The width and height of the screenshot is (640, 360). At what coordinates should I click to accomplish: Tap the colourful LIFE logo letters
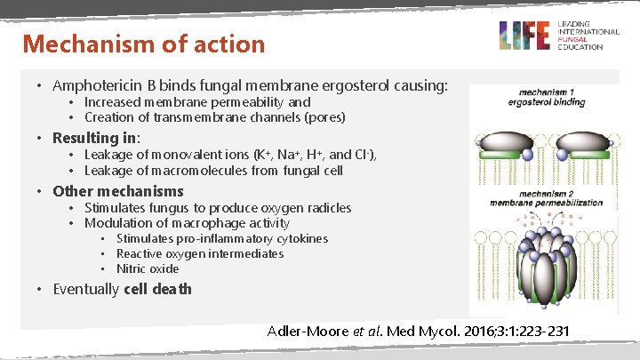tap(525, 36)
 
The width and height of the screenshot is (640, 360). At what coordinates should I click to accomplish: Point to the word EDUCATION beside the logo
tap(580, 47)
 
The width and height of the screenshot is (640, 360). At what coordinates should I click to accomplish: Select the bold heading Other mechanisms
tap(117, 191)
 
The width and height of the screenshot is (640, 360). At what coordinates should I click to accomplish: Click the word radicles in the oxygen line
tap(326, 208)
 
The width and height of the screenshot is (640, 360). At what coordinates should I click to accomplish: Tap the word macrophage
tap(209, 223)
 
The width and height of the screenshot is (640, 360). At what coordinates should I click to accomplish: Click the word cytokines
tap(298, 239)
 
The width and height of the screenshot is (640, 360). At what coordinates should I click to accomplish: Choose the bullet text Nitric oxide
tap(148, 268)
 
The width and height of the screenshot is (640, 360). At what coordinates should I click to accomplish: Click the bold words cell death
tap(157, 289)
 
